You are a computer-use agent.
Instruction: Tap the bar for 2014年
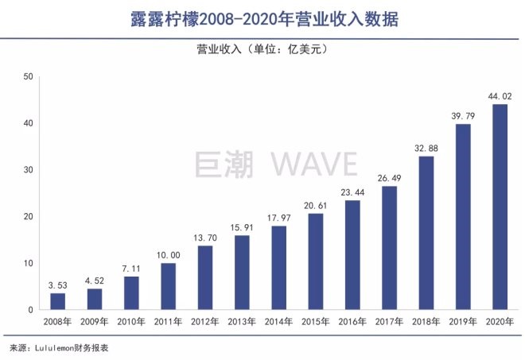tap(278, 268)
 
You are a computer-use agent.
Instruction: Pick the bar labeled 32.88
tap(426, 233)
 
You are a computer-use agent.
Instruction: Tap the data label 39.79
tap(463, 116)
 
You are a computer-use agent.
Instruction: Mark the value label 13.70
tap(205, 238)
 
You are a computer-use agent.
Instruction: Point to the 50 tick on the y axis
tap(29, 77)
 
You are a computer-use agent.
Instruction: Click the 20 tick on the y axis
tap(29, 216)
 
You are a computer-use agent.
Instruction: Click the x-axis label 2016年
tap(352, 321)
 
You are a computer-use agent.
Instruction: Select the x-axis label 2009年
tap(94, 321)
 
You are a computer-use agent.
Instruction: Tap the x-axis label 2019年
tap(463, 321)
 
